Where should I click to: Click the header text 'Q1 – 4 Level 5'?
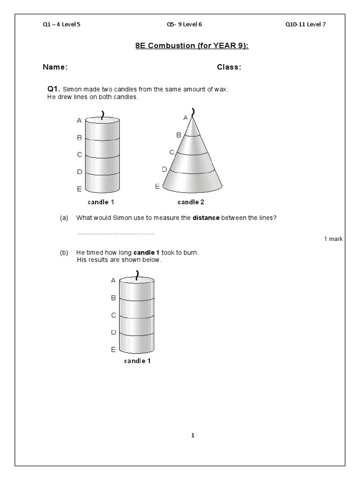pyautogui.click(x=61, y=25)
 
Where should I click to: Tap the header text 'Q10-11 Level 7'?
pyautogui.click(x=305, y=25)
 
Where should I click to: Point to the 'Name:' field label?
pyautogui.click(x=55, y=67)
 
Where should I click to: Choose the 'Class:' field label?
pyautogui.click(x=229, y=67)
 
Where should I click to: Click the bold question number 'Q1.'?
pyautogui.click(x=52, y=89)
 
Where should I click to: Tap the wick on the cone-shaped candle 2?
pyautogui.click(x=192, y=112)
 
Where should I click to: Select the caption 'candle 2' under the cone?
pyautogui.click(x=191, y=202)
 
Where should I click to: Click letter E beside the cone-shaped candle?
pyautogui.click(x=157, y=187)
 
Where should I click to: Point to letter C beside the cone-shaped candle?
pyautogui.click(x=172, y=152)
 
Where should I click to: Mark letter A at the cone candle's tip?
pyautogui.click(x=185, y=117)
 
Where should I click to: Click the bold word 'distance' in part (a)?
pyautogui.click(x=206, y=218)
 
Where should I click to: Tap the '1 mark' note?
pyautogui.click(x=333, y=239)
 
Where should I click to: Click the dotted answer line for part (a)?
pyautogui.click(x=115, y=233)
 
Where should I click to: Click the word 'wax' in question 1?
pyautogui.click(x=221, y=89)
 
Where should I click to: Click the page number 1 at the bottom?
pyautogui.click(x=192, y=435)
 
